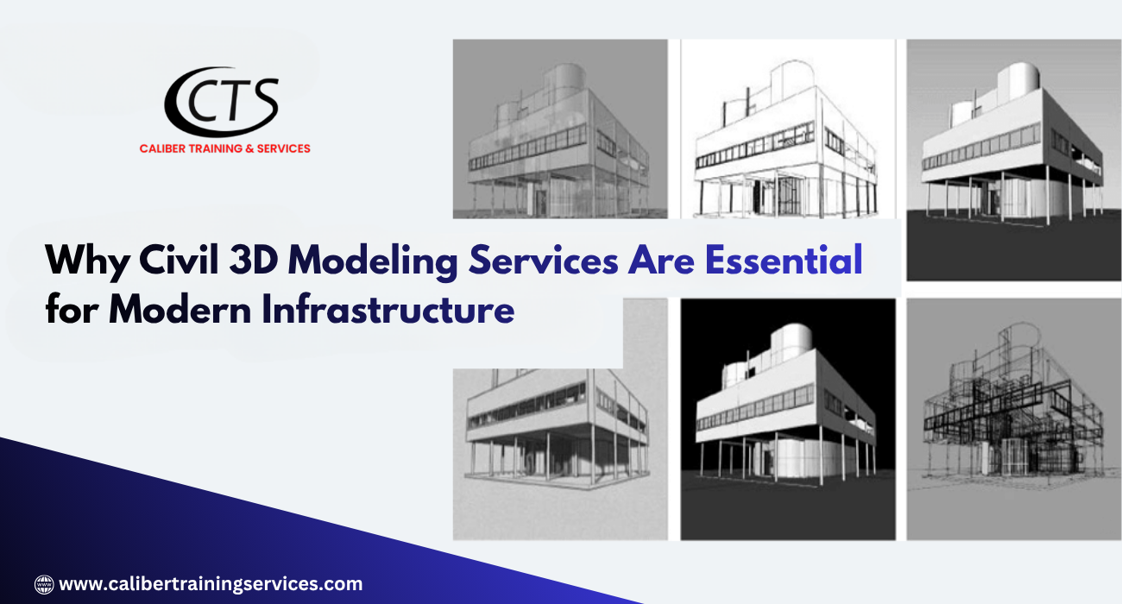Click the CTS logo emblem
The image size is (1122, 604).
(222, 102)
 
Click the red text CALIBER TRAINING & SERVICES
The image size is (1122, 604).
(224, 148)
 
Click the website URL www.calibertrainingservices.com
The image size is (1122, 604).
(211, 584)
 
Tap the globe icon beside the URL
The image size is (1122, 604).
(44, 584)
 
